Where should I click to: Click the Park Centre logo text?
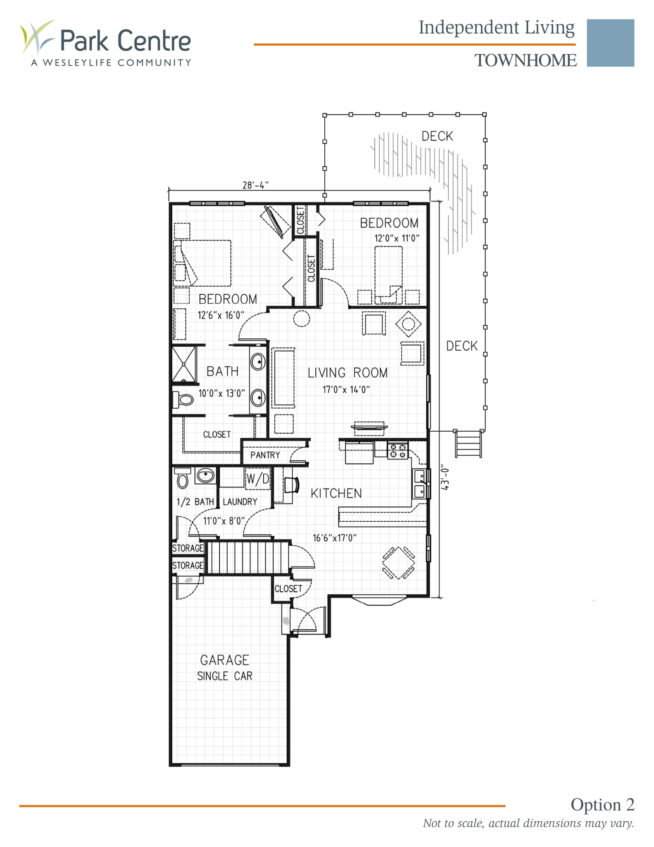click(125, 41)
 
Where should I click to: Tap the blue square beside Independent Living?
click(610, 43)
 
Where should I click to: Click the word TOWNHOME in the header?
click(525, 61)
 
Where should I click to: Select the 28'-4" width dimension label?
click(255, 185)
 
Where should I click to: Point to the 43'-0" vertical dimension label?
click(445, 478)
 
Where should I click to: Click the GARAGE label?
click(224, 660)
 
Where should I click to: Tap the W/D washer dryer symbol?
click(257, 479)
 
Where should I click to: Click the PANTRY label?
click(265, 455)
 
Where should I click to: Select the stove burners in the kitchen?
click(397, 451)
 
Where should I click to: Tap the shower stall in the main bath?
click(184, 364)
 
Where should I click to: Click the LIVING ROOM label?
click(347, 373)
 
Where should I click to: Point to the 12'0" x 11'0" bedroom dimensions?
click(396, 238)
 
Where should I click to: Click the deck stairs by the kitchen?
click(468, 444)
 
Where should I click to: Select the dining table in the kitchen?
click(398, 563)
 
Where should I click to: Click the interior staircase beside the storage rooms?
click(248, 558)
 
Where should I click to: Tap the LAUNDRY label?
click(240, 502)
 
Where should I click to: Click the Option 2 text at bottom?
click(602, 804)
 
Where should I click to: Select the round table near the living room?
click(301, 318)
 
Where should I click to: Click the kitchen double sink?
click(419, 484)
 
